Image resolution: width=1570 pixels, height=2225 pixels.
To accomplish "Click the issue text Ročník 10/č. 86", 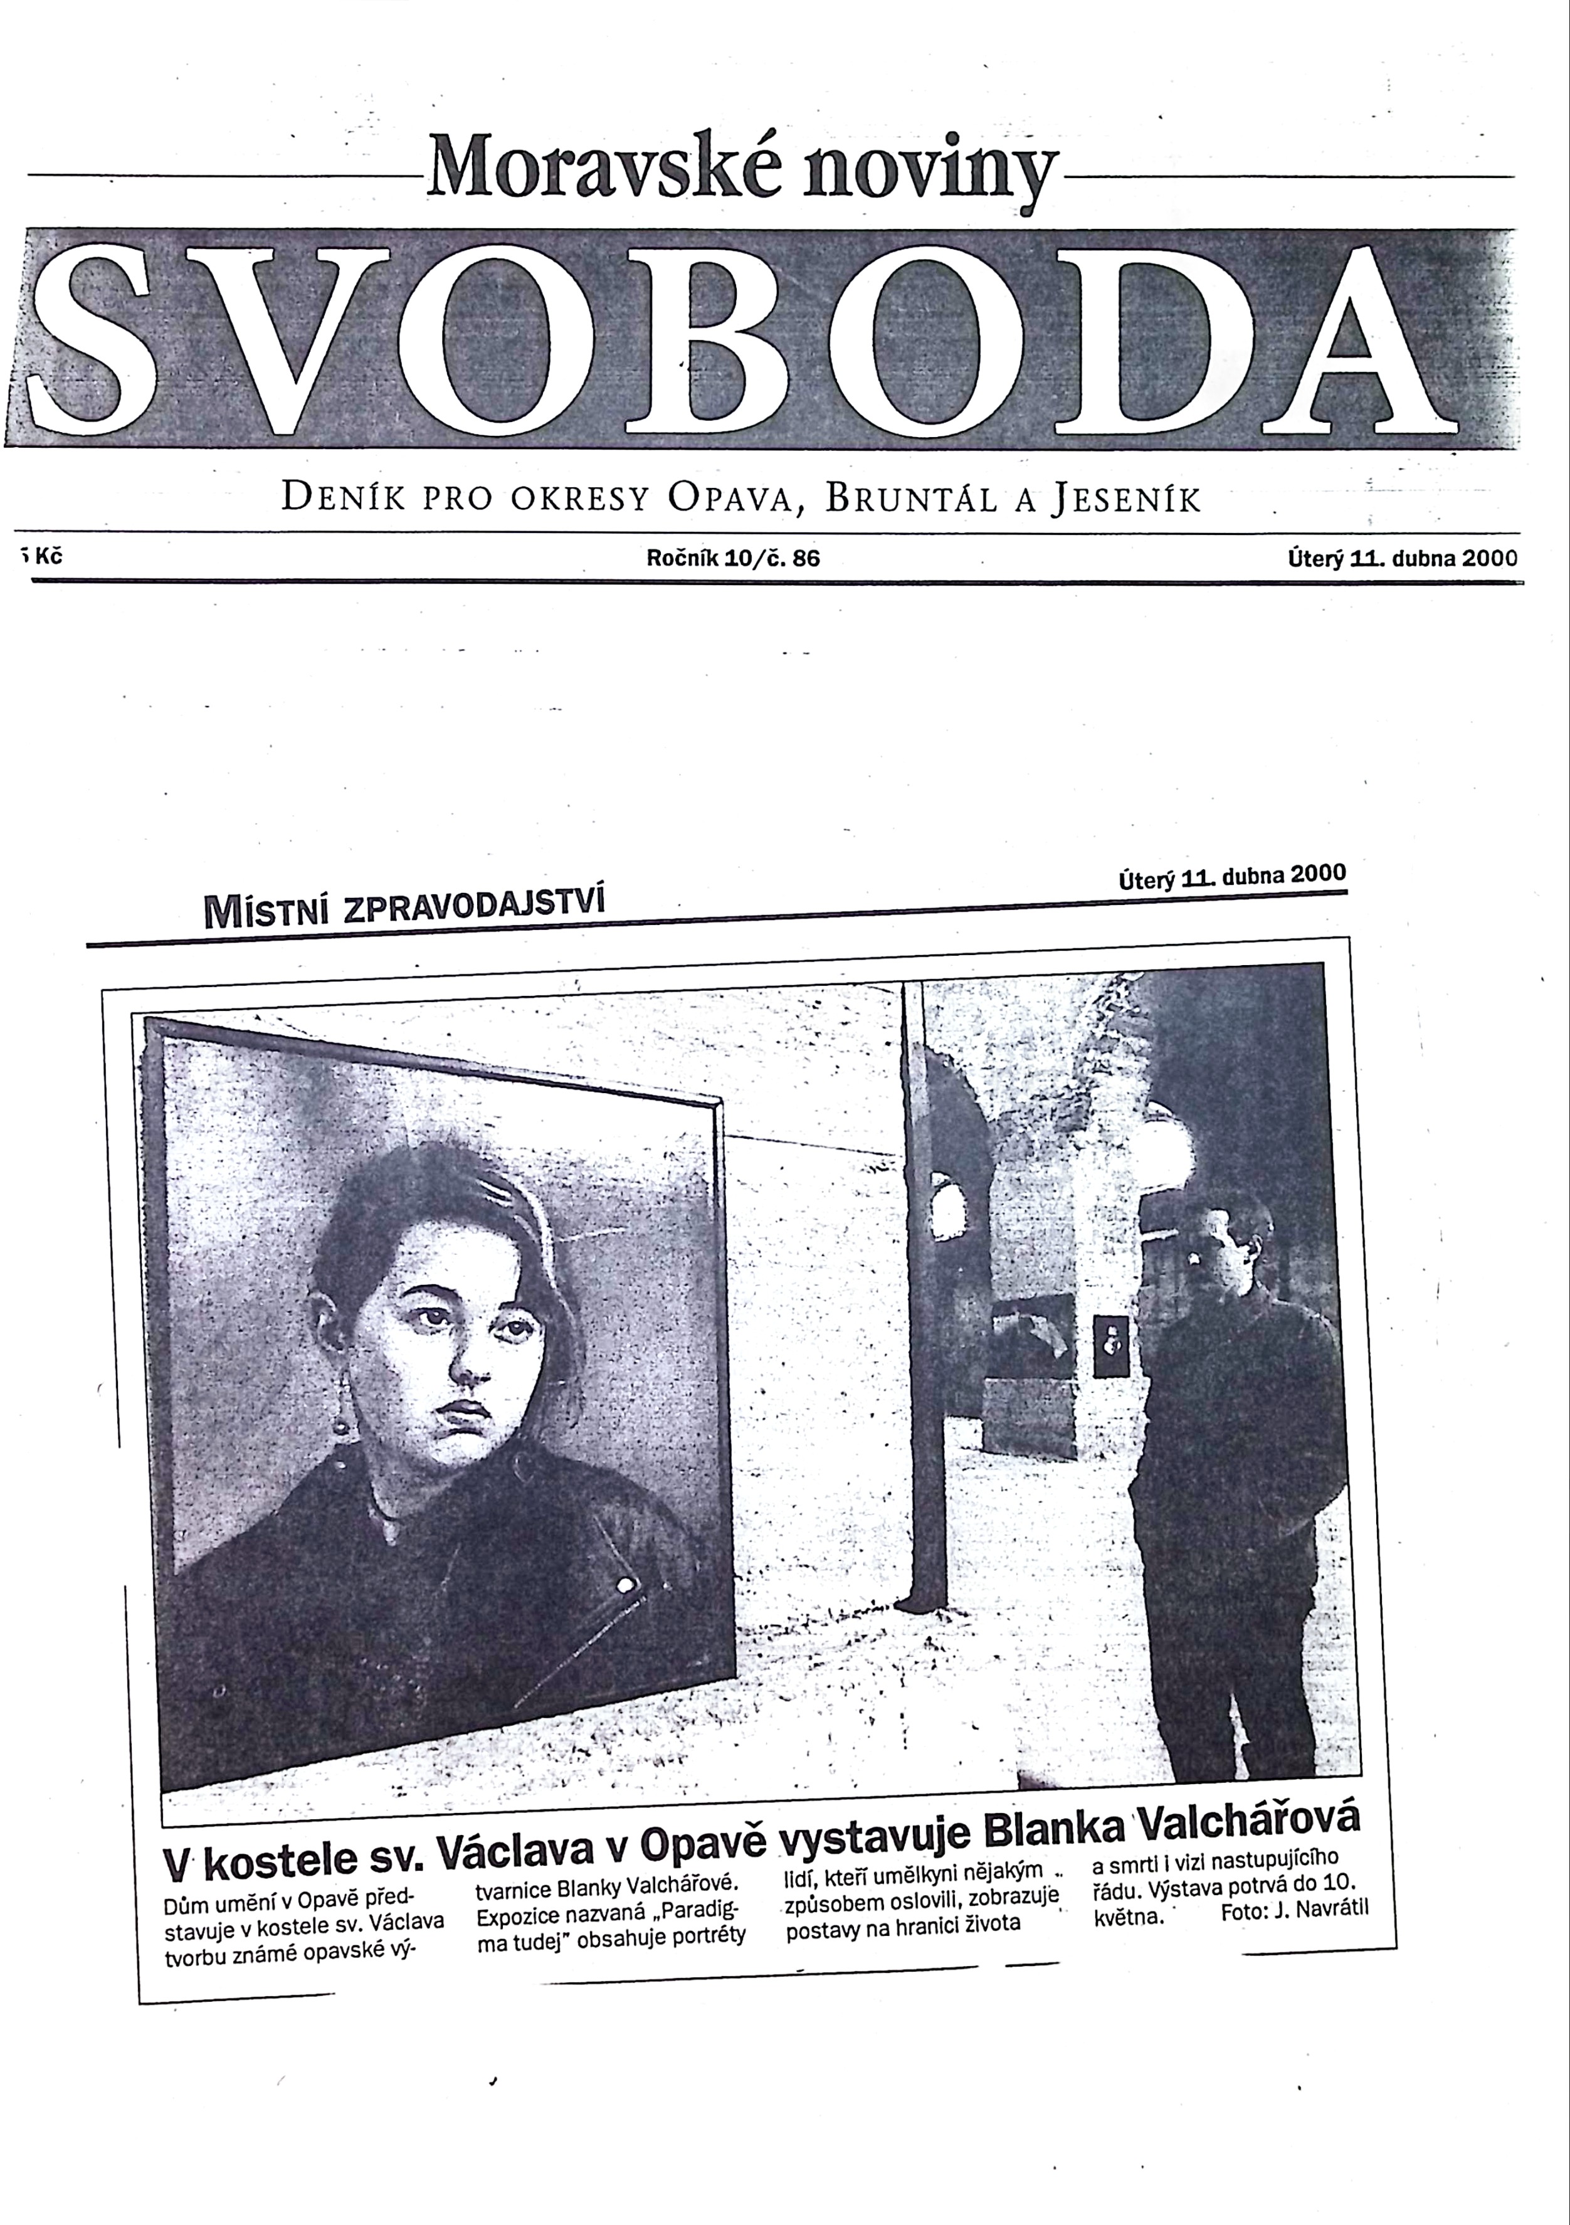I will pos(733,558).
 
